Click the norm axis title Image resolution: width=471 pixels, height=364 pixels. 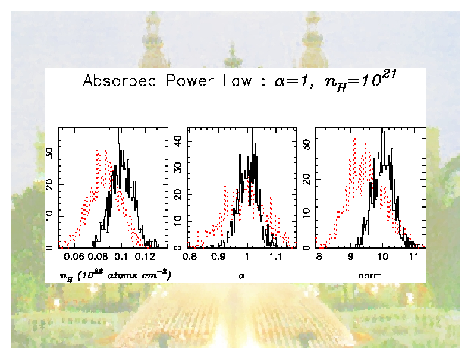(x=370, y=275)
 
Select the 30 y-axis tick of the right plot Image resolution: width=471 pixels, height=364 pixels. (x=307, y=145)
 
